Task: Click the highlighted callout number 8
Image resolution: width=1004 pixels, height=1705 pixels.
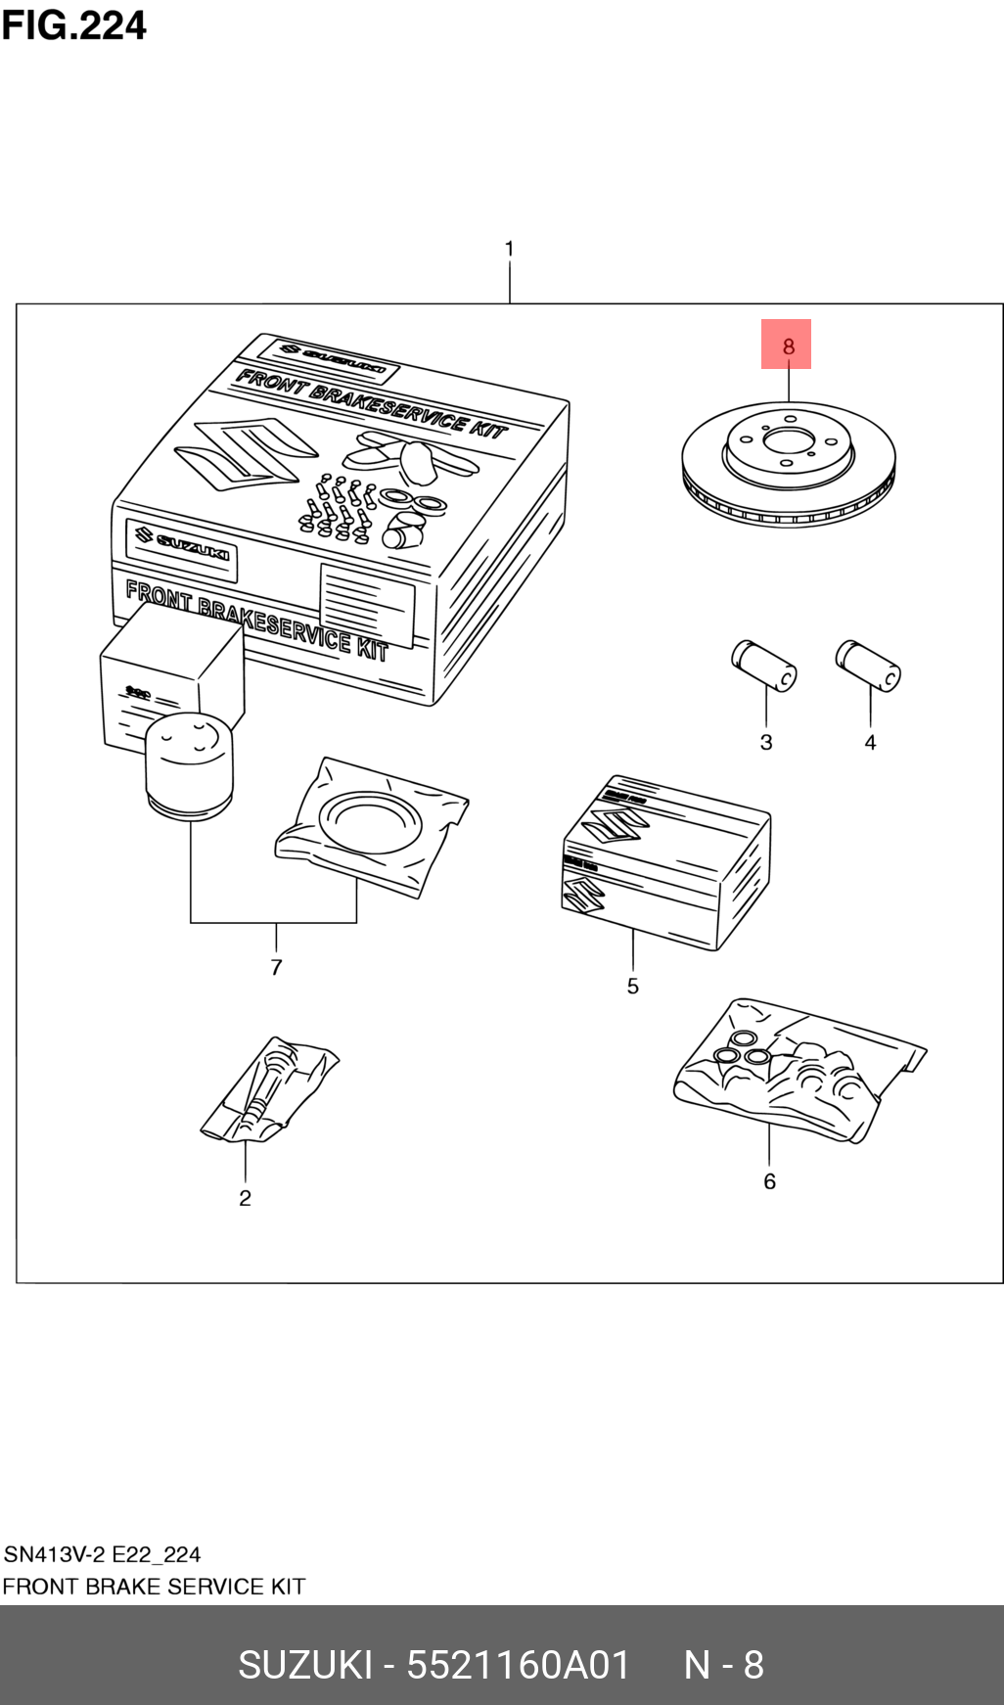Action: (788, 346)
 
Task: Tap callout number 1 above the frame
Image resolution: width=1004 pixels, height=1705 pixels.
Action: (509, 249)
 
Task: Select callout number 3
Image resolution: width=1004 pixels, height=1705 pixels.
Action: (766, 742)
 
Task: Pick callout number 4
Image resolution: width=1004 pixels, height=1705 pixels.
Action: (870, 742)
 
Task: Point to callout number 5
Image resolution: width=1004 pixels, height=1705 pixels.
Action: (633, 986)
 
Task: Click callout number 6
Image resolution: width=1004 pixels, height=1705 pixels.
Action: (769, 1181)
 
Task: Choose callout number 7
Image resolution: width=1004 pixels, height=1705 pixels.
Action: (276, 967)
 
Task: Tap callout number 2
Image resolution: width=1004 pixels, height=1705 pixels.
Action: (245, 1198)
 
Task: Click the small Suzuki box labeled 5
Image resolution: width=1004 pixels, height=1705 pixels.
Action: (665, 861)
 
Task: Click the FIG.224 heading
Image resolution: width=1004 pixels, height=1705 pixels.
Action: (74, 25)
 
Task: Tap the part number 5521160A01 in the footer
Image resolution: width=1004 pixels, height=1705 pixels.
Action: (518, 1665)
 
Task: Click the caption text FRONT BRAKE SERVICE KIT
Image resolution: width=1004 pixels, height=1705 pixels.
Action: (154, 1587)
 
